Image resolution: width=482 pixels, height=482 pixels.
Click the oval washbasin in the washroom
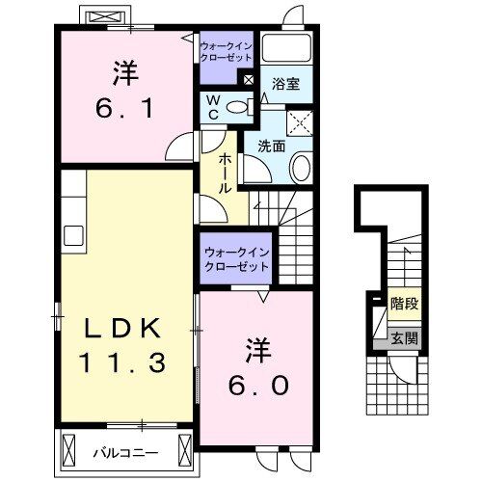[301, 169]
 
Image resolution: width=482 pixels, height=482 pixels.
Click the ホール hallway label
[225, 173]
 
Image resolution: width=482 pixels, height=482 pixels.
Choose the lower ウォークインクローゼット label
[236, 258]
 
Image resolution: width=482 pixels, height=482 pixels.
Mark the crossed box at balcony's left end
[69, 449]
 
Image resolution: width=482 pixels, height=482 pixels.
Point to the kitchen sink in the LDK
[74, 235]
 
